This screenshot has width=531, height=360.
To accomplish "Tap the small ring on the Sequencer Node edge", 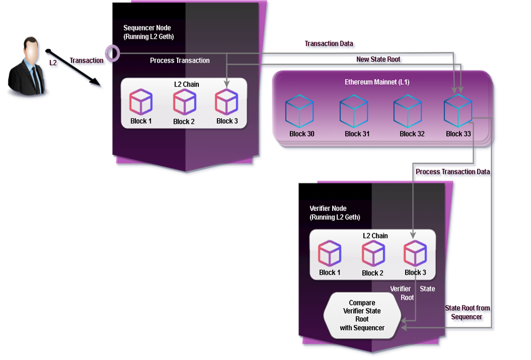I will click(112, 52).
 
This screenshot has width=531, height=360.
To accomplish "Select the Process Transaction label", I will click(180, 61).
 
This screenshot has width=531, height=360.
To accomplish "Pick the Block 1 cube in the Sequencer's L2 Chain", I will click(141, 102).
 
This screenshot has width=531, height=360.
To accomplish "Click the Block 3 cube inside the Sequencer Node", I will click(227, 102).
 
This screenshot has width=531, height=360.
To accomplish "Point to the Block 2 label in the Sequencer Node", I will click(184, 122).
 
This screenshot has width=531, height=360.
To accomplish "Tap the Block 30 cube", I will click(299, 112).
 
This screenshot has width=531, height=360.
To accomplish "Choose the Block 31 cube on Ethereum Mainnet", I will click(354, 112).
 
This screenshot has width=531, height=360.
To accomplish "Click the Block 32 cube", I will click(408, 112).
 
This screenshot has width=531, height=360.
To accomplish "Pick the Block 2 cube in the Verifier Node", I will click(373, 254).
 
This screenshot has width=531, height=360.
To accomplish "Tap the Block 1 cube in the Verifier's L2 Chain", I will click(330, 254).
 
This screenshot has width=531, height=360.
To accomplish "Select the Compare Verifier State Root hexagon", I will click(362, 315).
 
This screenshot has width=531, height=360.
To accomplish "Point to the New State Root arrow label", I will click(379, 60).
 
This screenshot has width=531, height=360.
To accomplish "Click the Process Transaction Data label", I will click(453, 172).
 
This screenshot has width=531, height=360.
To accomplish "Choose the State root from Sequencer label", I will click(467, 312).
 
